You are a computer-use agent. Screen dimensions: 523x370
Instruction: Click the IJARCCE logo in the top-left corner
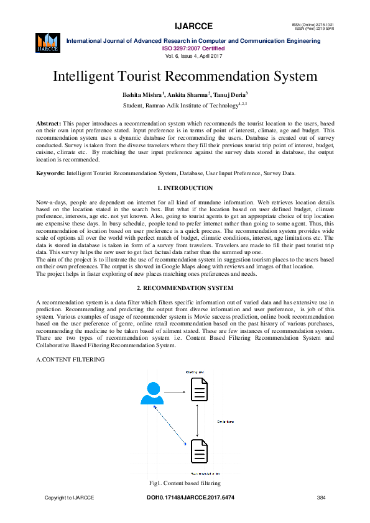(47, 42)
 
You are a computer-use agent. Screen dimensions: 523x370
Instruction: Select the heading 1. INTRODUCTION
(185, 188)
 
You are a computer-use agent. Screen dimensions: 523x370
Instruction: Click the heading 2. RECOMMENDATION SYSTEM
(185, 288)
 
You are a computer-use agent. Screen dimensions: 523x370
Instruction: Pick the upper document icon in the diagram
(198, 393)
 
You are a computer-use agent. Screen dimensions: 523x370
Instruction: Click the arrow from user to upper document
(175, 393)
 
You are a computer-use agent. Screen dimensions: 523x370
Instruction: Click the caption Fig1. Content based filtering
(185, 483)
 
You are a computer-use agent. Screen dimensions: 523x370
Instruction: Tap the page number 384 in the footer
(321, 498)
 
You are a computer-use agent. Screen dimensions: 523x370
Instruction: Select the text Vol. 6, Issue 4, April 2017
(185, 55)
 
